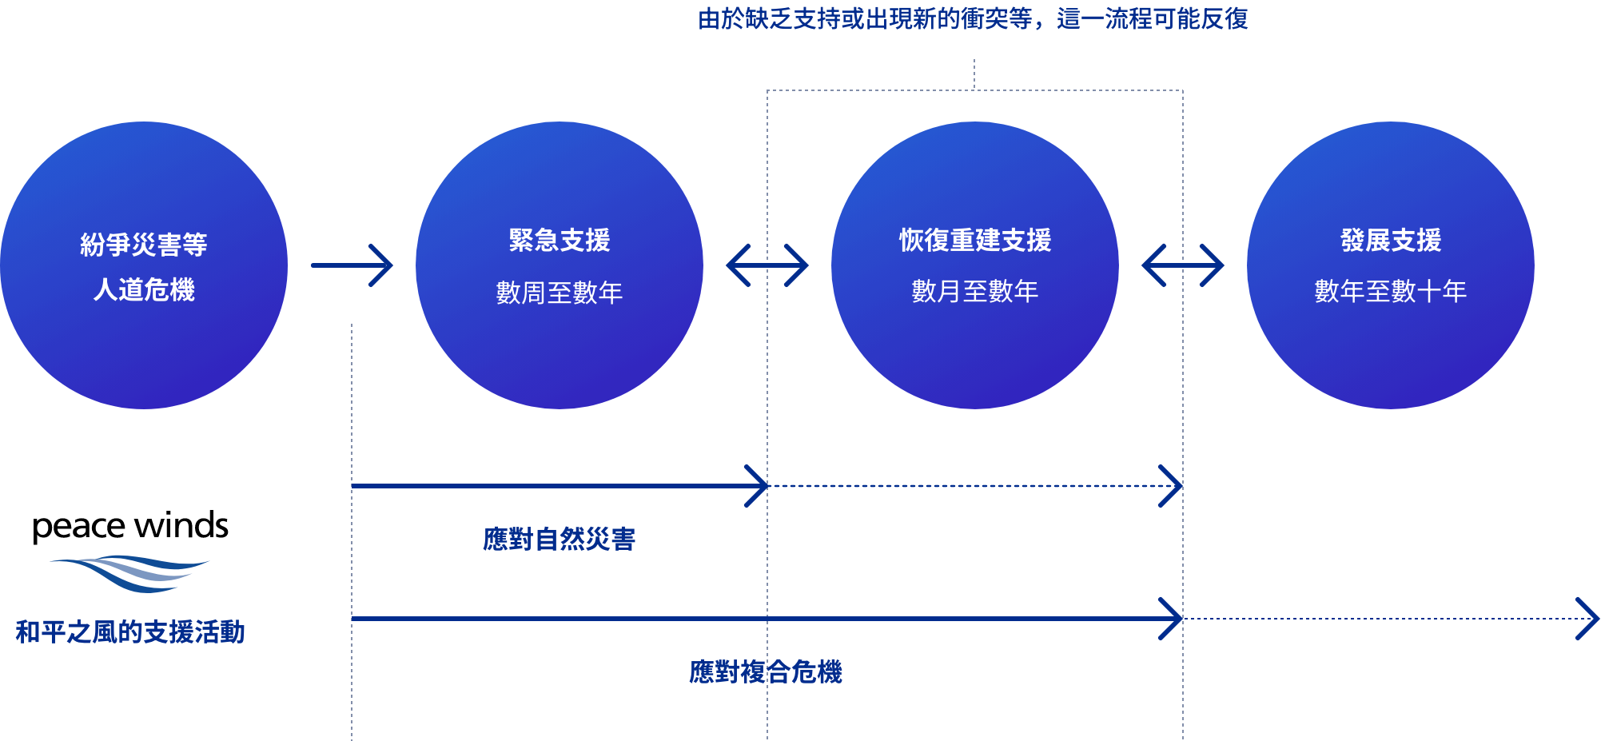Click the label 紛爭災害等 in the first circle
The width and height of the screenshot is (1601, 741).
(144, 244)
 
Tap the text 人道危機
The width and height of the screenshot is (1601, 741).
(144, 289)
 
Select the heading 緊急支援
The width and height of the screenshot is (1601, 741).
(560, 240)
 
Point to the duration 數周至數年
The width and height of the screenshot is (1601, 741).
(560, 293)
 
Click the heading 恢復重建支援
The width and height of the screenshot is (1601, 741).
(975, 240)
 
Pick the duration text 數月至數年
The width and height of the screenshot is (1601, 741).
(975, 291)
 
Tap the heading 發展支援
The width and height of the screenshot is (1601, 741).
(1391, 240)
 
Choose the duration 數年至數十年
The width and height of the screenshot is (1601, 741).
(1391, 291)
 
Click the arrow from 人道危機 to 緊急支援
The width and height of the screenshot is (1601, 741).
(352, 265)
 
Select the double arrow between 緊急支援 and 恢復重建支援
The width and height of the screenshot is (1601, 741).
(767, 265)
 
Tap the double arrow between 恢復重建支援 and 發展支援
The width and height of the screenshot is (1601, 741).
(1183, 265)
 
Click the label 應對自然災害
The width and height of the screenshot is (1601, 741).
(560, 540)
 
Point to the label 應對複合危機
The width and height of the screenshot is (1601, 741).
(766, 672)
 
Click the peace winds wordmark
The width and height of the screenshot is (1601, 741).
(130, 527)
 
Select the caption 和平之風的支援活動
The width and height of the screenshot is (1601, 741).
(130, 632)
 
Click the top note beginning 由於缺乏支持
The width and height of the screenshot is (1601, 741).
(973, 18)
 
